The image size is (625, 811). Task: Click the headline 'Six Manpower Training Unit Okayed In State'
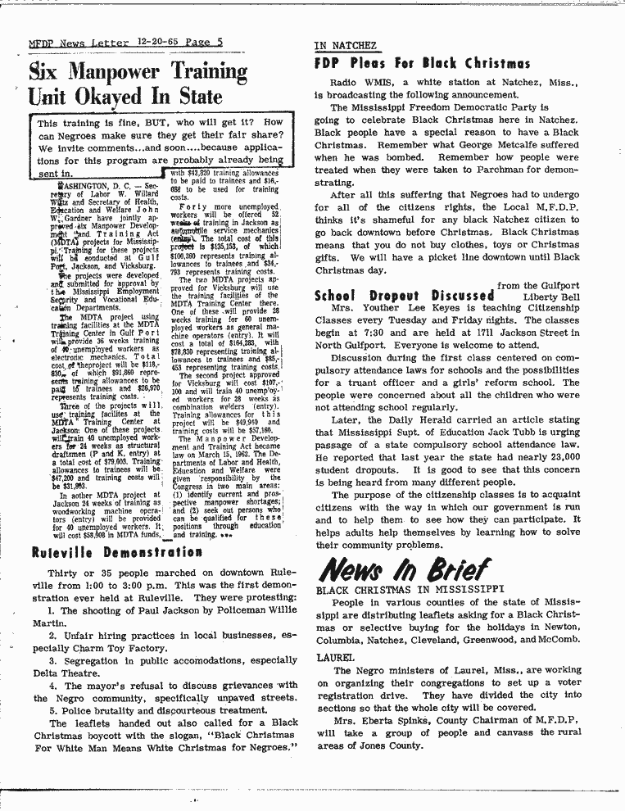[x=137, y=84]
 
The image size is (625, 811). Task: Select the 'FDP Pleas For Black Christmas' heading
[x=422, y=63]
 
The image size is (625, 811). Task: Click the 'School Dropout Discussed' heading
[x=405, y=295]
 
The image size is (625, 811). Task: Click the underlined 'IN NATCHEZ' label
[x=345, y=45]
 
